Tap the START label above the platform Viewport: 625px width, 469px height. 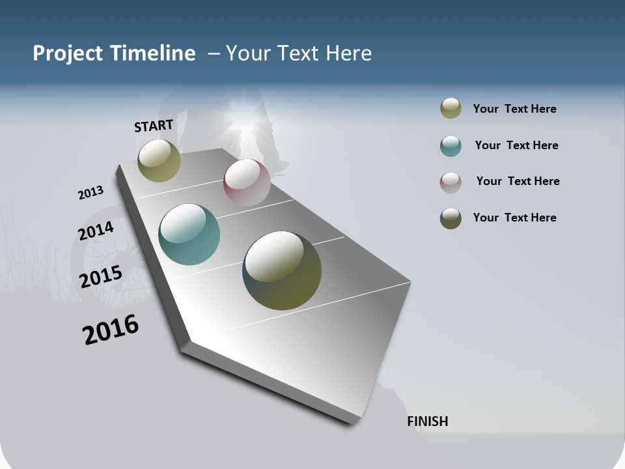click(x=154, y=126)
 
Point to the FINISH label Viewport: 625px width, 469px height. click(x=428, y=421)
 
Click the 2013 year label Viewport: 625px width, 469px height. click(x=91, y=193)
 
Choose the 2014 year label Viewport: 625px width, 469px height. click(x=96, y=231)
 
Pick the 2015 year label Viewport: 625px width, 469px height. click(x=101, y=277)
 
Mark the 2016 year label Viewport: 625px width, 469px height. click(x=111, y=330)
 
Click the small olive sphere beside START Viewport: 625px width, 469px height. click(x=159, y=160)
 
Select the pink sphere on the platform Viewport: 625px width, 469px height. click(x=247, y=182)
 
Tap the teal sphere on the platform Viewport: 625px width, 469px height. click(x=189, y=234)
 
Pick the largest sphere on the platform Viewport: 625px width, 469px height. click(x=282, y=270)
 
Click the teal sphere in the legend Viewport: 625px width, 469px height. click(x=451, y=146)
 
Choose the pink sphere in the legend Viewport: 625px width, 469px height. click(x=451, y=182)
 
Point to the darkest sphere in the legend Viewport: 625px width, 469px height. click(x=451, y=218)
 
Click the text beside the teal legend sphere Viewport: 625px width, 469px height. click(x=516, y=145)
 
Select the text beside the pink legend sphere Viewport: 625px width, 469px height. click(x=518, y=181)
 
